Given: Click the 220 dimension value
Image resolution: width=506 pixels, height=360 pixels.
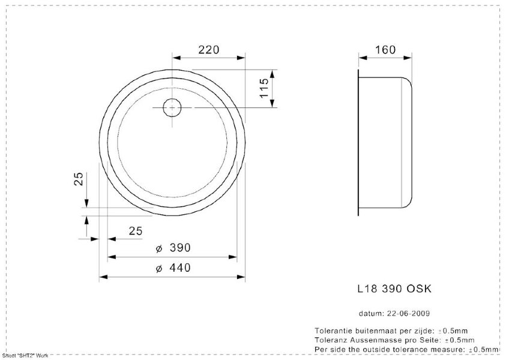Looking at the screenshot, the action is point(208,50).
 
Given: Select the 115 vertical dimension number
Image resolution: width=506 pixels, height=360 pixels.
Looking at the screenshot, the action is point(264,88).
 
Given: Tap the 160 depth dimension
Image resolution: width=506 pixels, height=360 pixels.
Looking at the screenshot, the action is point(385,50).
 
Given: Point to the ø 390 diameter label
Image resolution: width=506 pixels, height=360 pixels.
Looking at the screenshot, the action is point(173,248).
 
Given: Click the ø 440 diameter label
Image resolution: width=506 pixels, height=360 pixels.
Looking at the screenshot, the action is point(173,268).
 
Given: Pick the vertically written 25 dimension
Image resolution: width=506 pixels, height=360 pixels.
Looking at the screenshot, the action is point(79,179).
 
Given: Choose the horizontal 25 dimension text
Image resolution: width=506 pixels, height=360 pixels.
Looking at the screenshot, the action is point(136,231).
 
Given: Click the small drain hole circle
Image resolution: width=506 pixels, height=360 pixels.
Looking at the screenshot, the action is point(172,107).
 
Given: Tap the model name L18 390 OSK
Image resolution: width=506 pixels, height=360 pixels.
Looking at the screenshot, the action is point(394,289).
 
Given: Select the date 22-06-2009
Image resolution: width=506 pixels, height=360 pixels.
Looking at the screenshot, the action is point(408,313).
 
